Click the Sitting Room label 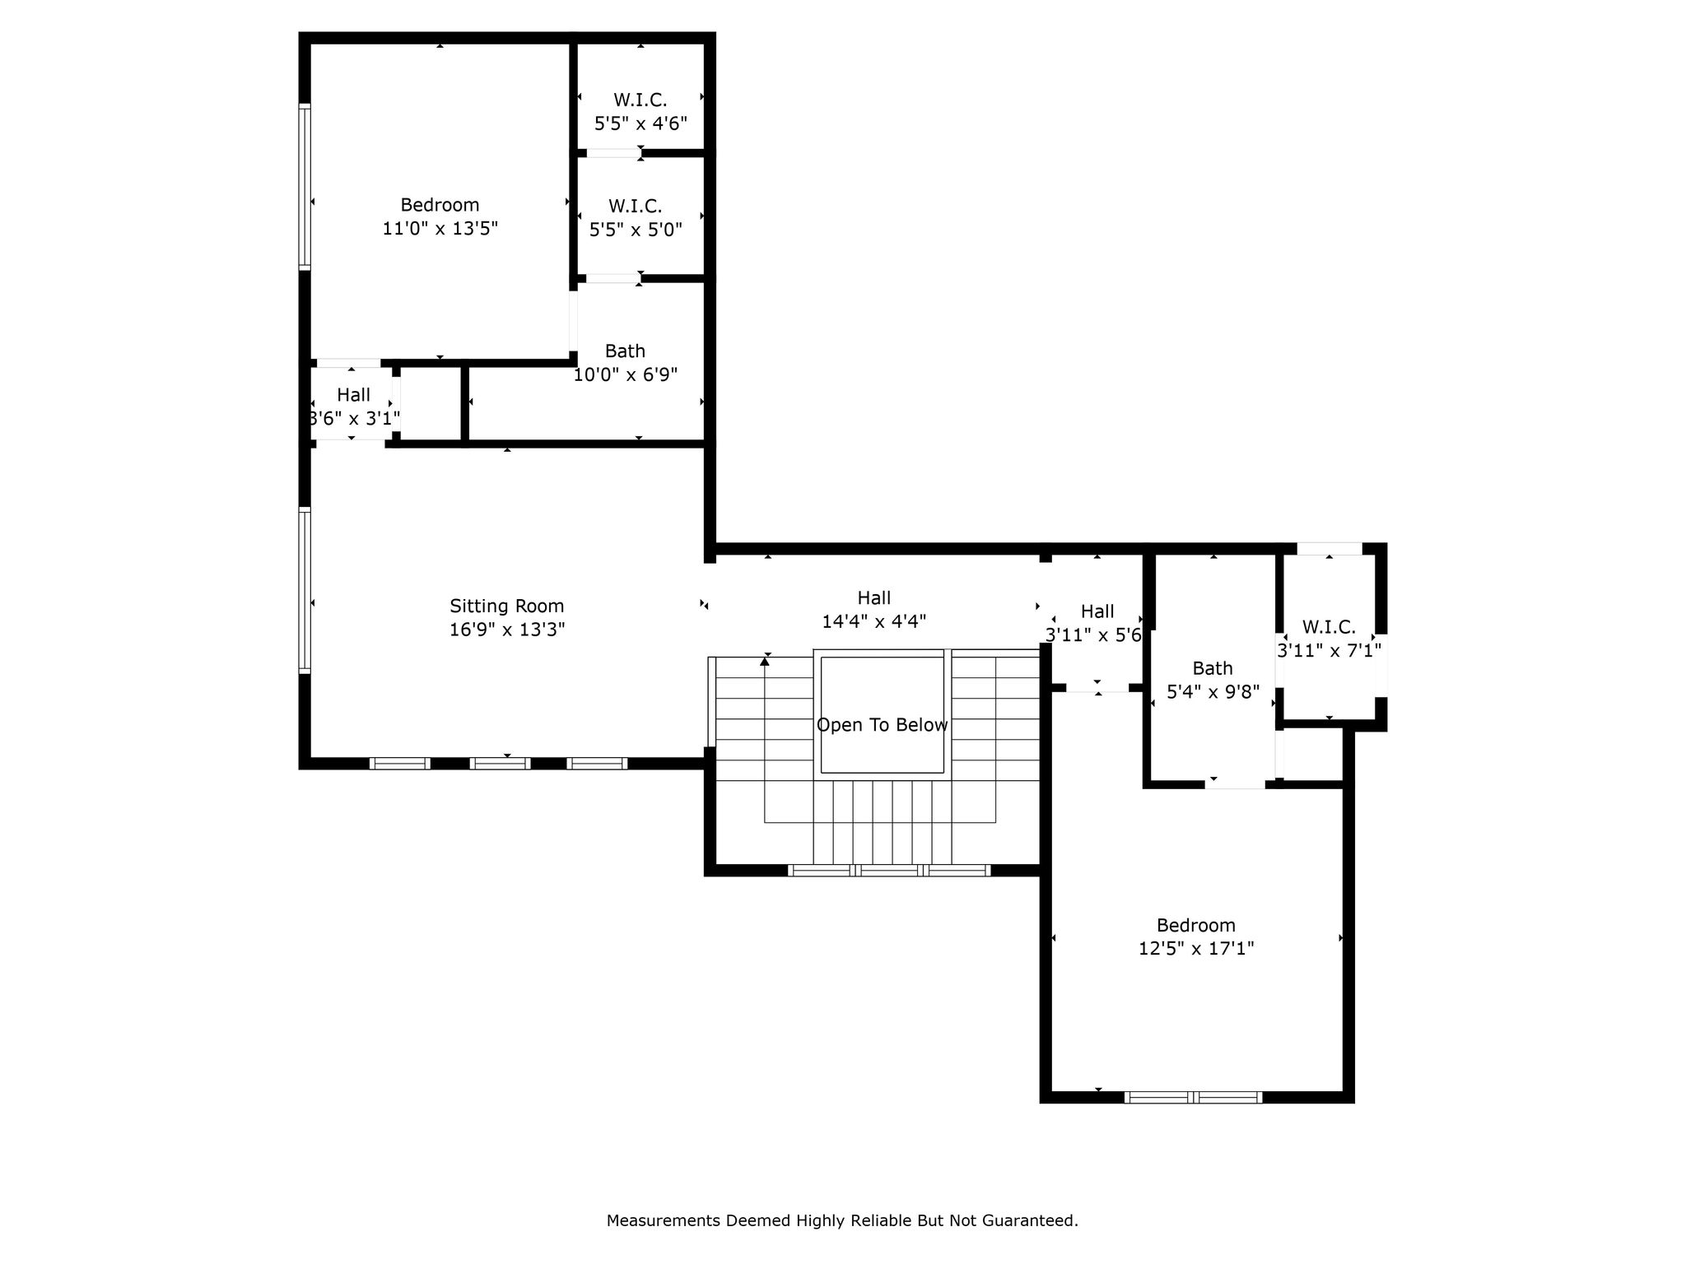(506, 606)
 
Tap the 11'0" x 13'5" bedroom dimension (440, 228)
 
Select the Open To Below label (882, 725)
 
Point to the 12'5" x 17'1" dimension (1196, 949)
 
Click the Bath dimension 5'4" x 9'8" (1213, 692)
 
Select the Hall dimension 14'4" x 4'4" (874, 621)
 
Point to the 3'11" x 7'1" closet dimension (1329, 651)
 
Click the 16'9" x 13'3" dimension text (507, 630)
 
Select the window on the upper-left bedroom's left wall (305, 187)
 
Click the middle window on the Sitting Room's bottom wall (500, 764)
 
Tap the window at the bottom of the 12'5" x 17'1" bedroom (1193, 1097)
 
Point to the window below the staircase (889, 871)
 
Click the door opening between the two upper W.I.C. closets (613, 153)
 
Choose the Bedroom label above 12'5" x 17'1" (1196, 925)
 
